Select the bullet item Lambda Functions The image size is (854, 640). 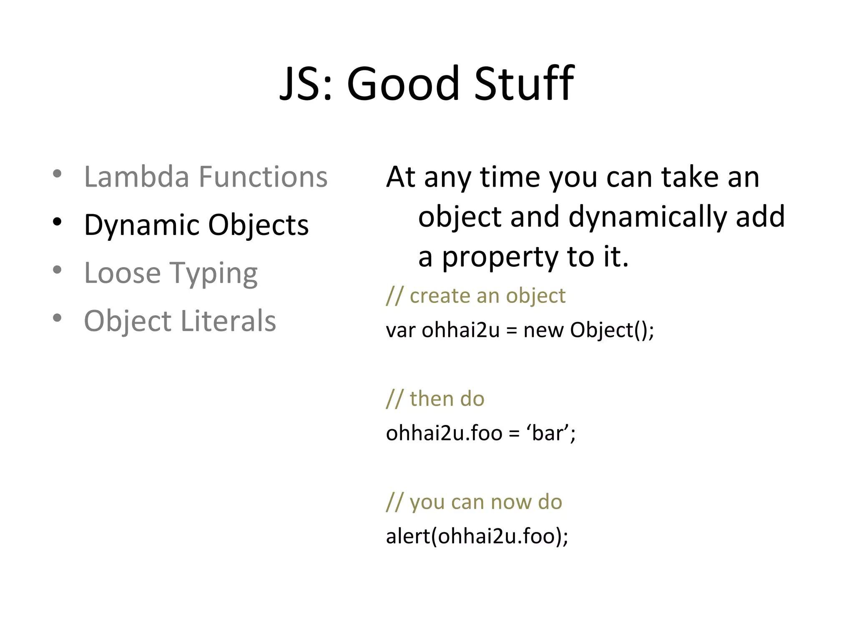point(206,177)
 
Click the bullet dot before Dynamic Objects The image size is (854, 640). point(58,222)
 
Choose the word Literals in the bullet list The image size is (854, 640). point(228,321)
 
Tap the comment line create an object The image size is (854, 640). point(476,296)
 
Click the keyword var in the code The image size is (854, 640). point(400,330)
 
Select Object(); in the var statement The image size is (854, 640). point(612,330)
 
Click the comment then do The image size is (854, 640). point(435,399)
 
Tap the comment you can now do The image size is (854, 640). point(474,502)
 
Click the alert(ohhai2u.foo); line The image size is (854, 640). point(477,536)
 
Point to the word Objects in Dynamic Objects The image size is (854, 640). point(258,225)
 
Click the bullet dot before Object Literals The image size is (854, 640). point(58,318)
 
